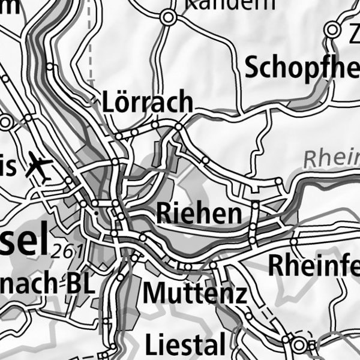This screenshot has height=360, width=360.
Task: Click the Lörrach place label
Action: [x=148, y=103]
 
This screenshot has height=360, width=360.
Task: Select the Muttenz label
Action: [x=195, y=293]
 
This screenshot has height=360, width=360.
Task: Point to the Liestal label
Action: [x=185, y=345]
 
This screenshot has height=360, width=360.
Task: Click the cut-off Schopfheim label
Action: [x=302, y=69]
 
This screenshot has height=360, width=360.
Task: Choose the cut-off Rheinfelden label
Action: [x=313, y=265]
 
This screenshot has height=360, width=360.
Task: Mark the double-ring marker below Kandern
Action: [x=169, y=18]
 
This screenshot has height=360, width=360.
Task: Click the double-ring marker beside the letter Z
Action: [x=332, y=29]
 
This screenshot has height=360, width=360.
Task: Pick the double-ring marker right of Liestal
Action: [x=299, y=344]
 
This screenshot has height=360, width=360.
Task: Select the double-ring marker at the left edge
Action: [x=6, y=123]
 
